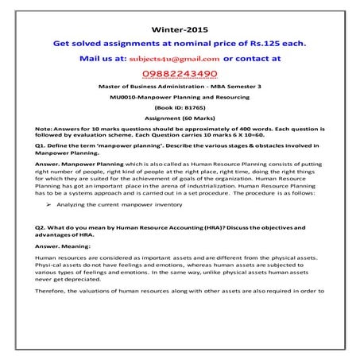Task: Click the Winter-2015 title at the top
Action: click(x=179, y=29)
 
